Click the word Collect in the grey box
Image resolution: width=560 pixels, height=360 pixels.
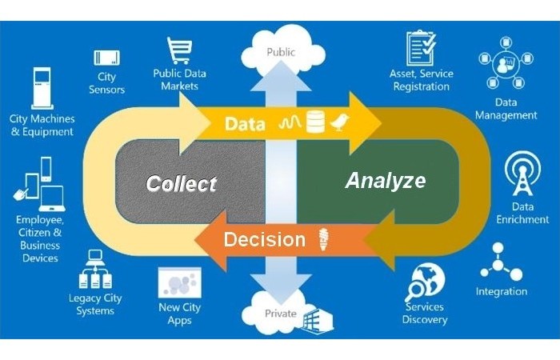click(181, 183)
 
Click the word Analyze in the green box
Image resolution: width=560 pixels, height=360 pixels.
click(385, 180)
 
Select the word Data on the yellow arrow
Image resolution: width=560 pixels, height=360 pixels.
click(245, 124)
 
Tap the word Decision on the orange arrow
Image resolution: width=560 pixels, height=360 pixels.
click(264, 239)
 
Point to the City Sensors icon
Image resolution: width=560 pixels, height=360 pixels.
click(106, 58)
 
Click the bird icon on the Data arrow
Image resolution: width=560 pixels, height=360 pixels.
click(342, 122)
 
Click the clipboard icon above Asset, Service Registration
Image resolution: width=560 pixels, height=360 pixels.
click(421, 48)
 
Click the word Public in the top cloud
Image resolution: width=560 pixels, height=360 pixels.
click(280, 52)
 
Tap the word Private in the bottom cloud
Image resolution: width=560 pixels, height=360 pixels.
click(280, 314)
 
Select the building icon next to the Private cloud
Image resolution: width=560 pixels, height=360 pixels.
click(318, 318)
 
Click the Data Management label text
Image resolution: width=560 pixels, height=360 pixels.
click(506, 109)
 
